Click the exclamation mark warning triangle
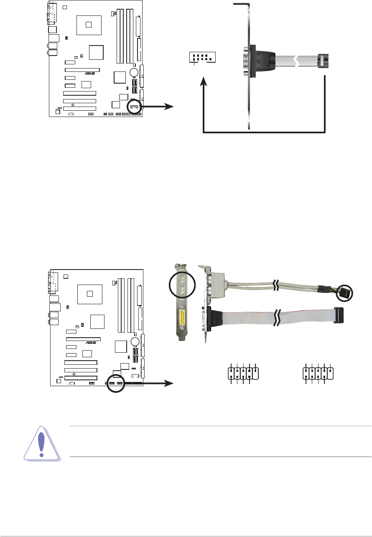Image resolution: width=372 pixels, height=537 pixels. [42, 444]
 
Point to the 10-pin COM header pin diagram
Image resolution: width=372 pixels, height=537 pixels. [202, 58]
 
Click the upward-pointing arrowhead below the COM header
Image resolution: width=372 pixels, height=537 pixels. [204, 81]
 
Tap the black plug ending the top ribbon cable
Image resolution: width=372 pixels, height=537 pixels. [322, 61]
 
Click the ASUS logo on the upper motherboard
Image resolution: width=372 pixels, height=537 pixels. [90, 74]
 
